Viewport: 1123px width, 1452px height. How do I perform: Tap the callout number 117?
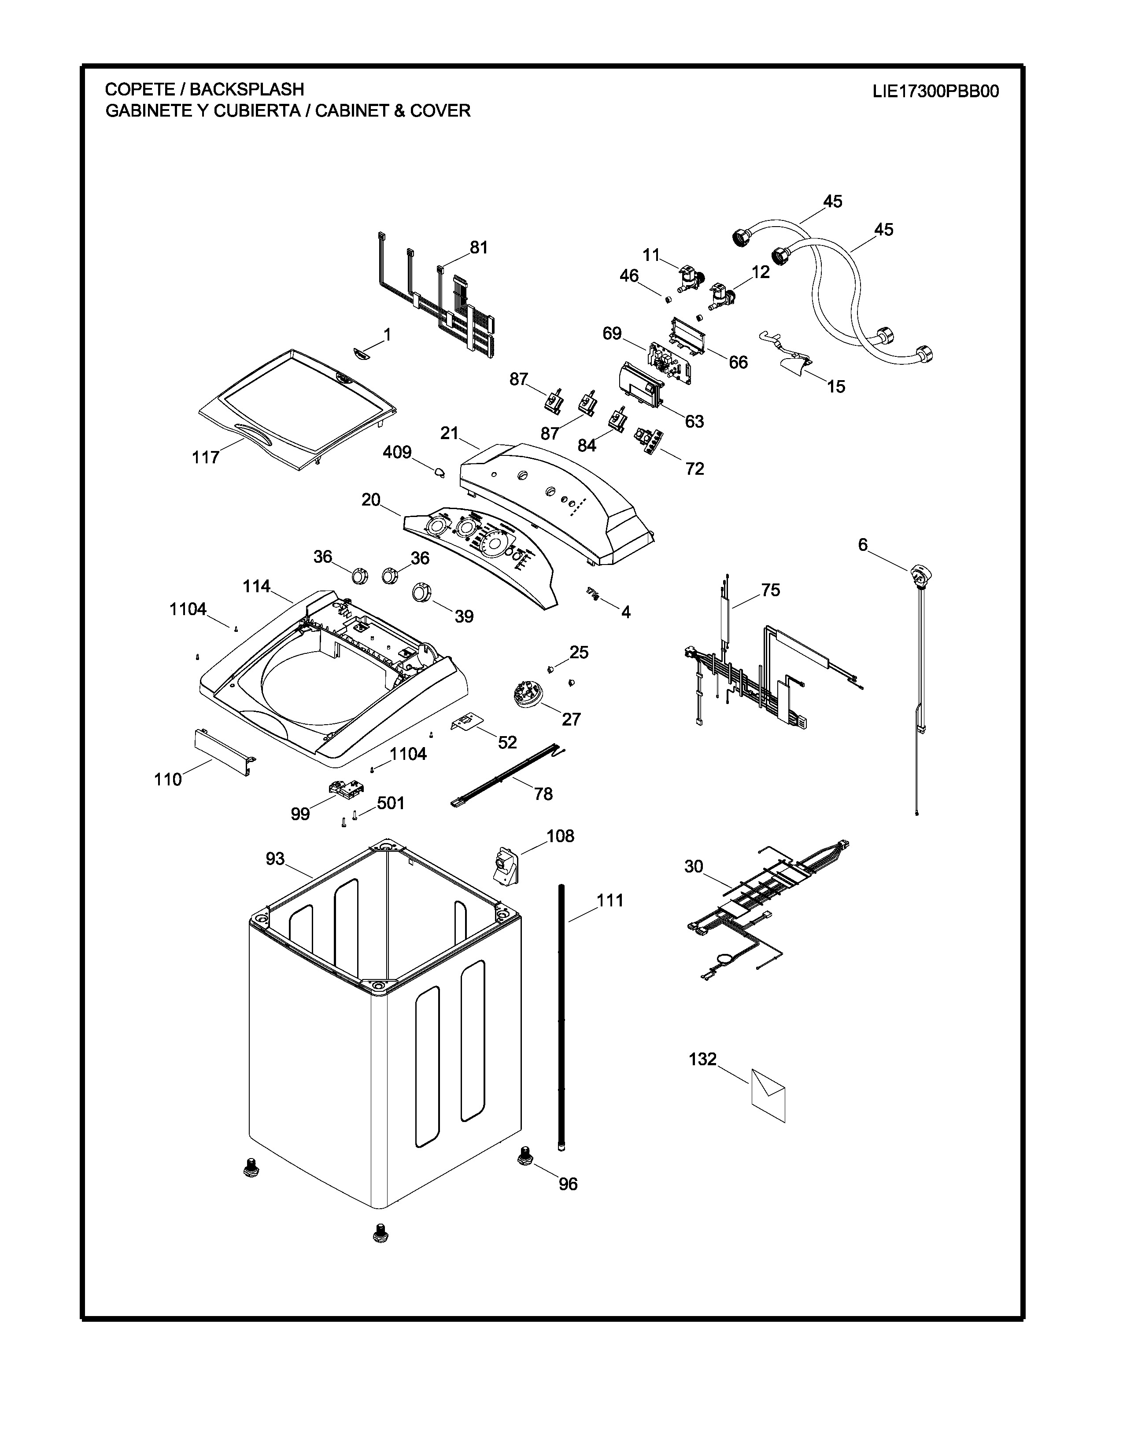[x=206, y=458]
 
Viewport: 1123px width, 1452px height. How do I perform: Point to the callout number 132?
[x=702, y=1059]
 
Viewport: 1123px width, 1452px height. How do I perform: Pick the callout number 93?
[x=275, y=859]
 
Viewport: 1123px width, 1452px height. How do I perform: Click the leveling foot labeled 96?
[x=525, y=1157]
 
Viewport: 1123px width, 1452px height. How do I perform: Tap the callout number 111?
[x=610, y=900]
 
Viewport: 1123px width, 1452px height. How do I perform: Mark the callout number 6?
[x=863, y=545]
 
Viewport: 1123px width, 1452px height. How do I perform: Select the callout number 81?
[x=479, y=247]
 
